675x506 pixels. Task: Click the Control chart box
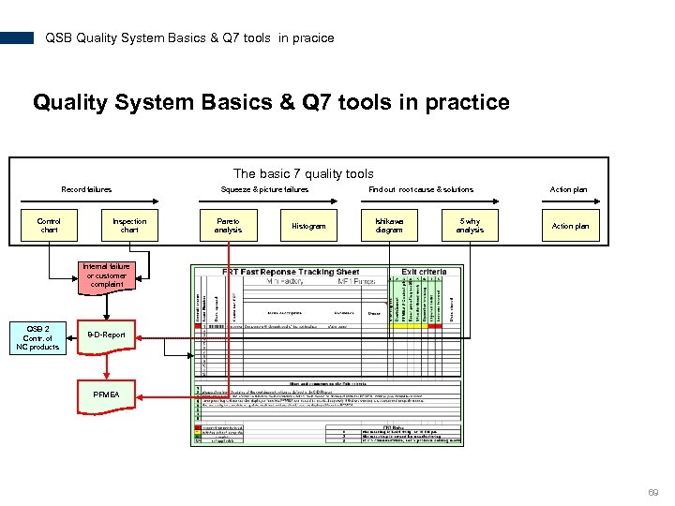tap(49, 226)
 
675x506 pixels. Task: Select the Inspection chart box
tap(129, 226)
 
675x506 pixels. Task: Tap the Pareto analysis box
tap(228, 226)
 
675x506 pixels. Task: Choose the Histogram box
tap(308, 226)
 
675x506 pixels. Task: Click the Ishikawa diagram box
tap(389, 226)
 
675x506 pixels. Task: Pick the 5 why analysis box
tap(470, 226)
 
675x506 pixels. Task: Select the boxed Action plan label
tap(570, 226)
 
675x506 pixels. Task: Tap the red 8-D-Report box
tap(106, 335)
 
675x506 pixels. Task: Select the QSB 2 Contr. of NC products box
tap(38, 338)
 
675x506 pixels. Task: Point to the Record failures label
tap(86, 189)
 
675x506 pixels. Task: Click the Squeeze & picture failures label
tap(264, 189)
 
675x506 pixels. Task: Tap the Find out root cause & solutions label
tap(421, 189)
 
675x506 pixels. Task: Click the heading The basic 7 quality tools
tap(303, 173)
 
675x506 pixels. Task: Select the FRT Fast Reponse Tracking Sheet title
tap(291, 272)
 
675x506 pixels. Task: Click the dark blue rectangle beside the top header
tap(17, 38)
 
